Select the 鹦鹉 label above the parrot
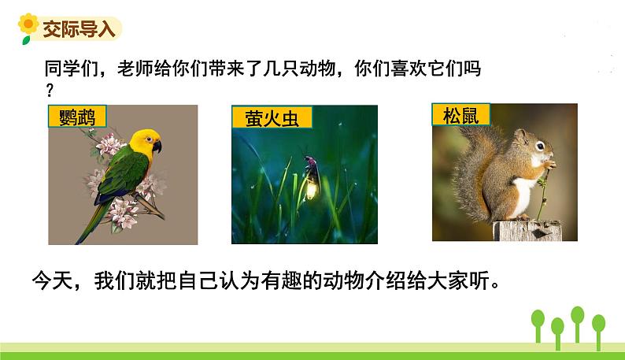pyautogui.click(x=77, y=117)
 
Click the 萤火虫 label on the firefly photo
pyautogui.click(x=272, y=119)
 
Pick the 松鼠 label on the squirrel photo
pyautogui.click(x=460, y=116)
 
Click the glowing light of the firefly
pyautogui.click(x=312, y=187)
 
